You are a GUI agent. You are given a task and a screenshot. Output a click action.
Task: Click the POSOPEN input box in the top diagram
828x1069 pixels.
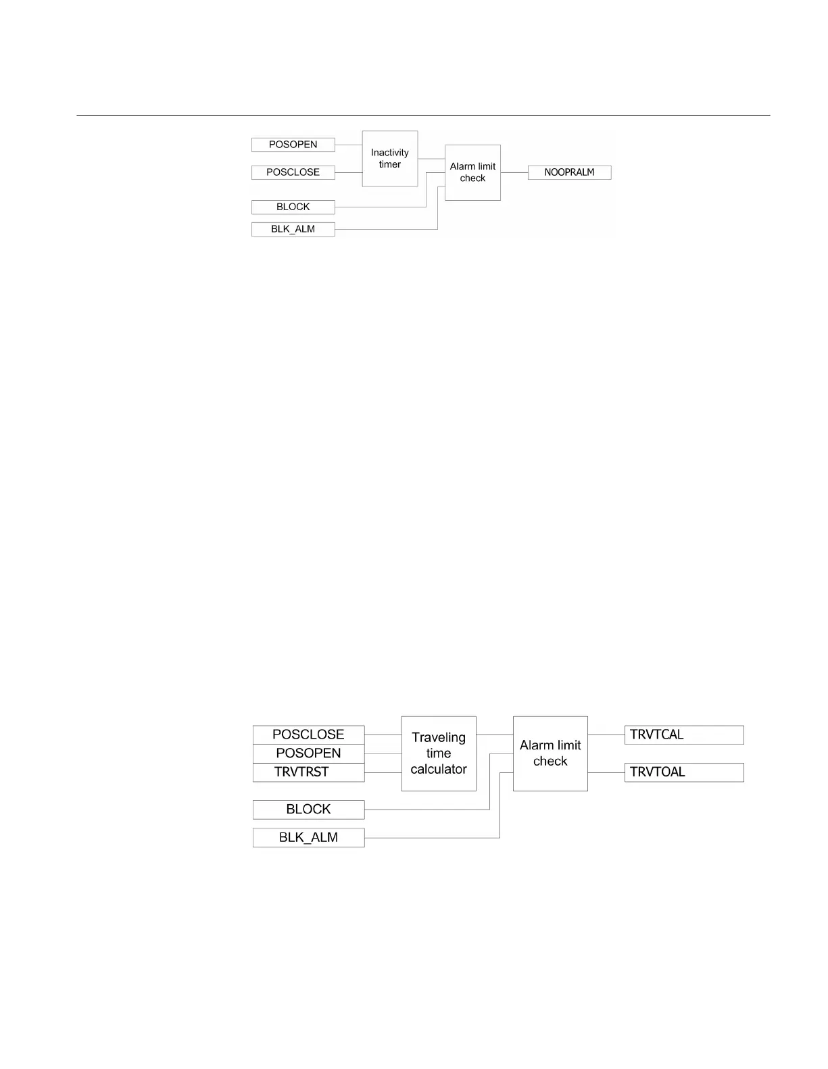click(x=293, y=145)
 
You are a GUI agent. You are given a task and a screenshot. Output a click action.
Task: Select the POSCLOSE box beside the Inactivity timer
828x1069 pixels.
click(x=293, y=172)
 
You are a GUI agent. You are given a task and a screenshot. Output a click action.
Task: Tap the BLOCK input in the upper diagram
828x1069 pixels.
click(x=293, y=207)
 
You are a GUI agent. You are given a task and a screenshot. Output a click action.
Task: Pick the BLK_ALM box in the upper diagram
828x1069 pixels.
click(x=293, y=229)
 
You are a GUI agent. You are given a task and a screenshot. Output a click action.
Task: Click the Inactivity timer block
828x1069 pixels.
click(x=390, y=159)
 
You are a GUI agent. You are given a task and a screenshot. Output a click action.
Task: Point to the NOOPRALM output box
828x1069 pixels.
click(x=569, y=172)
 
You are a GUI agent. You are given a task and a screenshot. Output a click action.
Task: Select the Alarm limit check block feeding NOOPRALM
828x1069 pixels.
click(x=472, y=172)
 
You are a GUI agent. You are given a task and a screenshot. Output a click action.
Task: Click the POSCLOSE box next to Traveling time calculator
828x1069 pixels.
click(x=308, y=735)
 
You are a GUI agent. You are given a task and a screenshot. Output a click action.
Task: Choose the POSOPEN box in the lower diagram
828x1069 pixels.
click(x=308, y=753)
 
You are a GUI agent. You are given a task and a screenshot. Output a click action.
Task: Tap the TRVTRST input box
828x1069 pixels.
click(x=308, y=772)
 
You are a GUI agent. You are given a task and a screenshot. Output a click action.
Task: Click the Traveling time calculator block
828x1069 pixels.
click(x=439, y=753)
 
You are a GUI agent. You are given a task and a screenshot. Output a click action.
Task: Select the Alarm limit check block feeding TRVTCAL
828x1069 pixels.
click(x=550, y=753)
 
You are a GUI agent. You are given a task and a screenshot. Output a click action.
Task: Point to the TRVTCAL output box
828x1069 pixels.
click(x=684, y=735)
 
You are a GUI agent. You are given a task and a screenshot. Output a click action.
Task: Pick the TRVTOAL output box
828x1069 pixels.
click(x=684, y=772)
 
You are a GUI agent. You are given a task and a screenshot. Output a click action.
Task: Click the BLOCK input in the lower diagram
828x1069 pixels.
click(x=308, y=810)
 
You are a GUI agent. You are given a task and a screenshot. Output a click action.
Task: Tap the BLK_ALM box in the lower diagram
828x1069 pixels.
click(x=308, y=838)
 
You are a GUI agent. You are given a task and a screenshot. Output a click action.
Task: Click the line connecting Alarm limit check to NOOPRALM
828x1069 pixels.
click(x=514, y=172)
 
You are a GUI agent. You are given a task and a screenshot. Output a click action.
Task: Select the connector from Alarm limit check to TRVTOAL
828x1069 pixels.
click(x=606, y=772)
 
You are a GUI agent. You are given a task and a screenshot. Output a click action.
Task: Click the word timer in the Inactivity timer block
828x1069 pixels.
click(x=390, y=165)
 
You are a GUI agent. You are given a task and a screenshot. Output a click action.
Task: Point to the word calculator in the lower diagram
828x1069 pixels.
click(x=439, y=770)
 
